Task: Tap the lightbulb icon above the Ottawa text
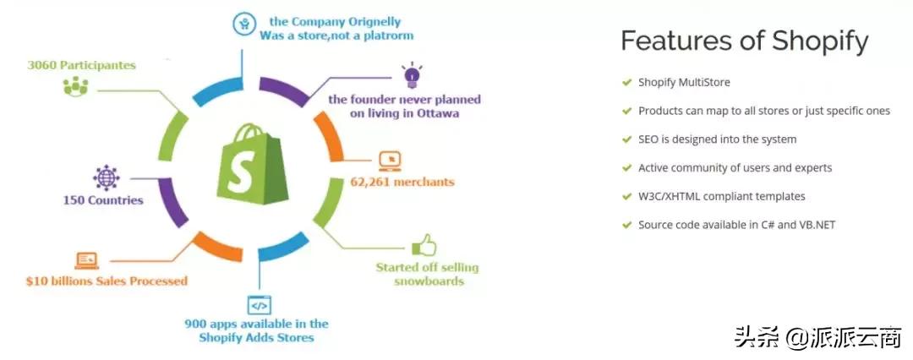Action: (x=411, y=74)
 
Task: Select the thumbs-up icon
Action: (x=424, y=247)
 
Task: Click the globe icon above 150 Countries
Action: (x=106, y=178)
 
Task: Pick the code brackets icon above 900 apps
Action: (x=260, y=305)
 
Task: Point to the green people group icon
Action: (x=75, y=87)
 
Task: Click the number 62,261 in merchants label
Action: (x=369, y=182)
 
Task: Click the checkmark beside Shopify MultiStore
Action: (x=626, y=82)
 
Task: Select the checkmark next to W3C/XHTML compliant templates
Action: (x=626, y=196)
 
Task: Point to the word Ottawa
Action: (x=438, y=113)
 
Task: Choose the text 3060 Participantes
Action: (x=81, y=65)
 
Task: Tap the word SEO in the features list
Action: (x=648, y=139)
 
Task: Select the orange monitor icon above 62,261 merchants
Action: (x=390, y=161)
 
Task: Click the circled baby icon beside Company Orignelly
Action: (x=244, y=25)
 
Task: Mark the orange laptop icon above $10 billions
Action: (x=86, y=260)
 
